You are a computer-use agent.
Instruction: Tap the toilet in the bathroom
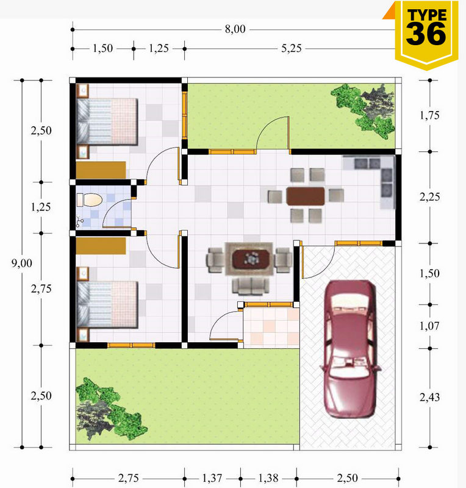click(90, 200)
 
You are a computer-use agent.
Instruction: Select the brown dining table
click(306, 196)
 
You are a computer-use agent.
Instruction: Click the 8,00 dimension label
click(235, 29)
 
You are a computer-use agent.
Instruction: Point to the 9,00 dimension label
click(22, 264)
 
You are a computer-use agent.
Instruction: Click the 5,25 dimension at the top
click(292, 49)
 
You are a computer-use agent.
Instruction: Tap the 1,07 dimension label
click(429, 326)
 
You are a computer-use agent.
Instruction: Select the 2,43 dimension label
click(429, 398)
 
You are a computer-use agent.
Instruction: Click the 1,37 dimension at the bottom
click(212, 478)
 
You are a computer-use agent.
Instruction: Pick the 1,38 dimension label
click(268, 478)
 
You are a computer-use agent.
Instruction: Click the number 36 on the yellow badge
click(426, 34)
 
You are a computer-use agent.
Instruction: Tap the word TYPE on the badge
click(427, 15)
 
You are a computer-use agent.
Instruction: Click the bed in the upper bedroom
click(107, 121)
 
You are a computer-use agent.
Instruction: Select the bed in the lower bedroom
click(107, 304)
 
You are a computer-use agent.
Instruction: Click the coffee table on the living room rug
click(251, 259)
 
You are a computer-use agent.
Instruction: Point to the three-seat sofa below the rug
click(251, 286)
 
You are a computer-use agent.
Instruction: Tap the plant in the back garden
click(364, 110)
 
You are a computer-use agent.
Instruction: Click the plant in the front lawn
click(110, 408)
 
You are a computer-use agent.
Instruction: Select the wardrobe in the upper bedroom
click(101, 170)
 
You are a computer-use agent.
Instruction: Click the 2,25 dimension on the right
click(429, 197)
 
